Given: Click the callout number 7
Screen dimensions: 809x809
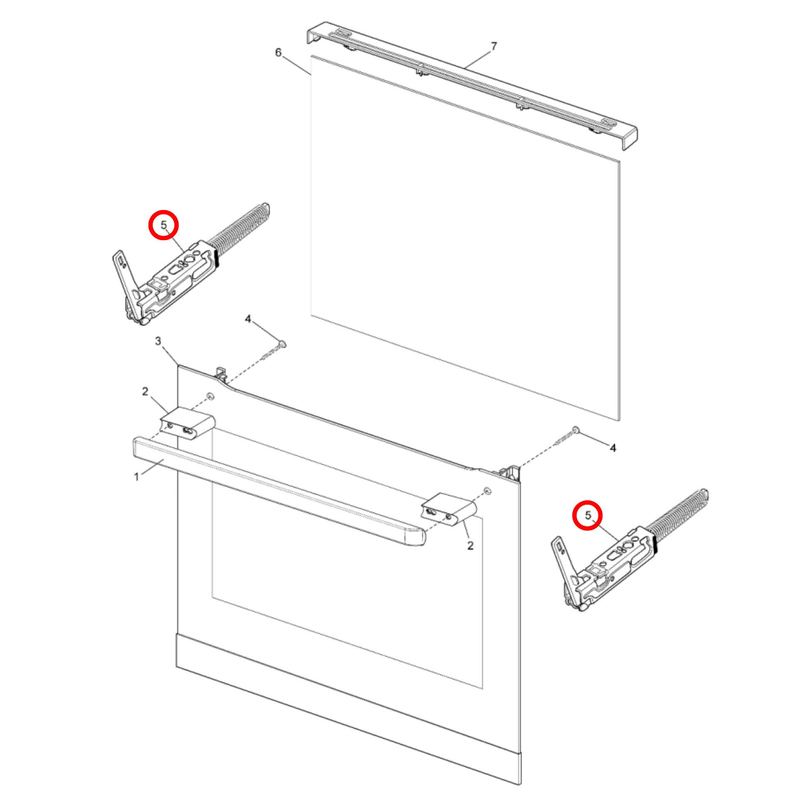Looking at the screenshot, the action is (x=494, y=46).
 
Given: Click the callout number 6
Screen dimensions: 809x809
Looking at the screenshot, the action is (x=279, y=52).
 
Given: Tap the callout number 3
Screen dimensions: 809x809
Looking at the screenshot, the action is (x=158, y=341).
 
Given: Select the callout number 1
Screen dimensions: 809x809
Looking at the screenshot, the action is (x=136, y=477).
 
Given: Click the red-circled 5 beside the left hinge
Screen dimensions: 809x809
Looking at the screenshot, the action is (x=164, y=225).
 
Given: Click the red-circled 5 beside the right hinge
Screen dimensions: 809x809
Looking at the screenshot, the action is (x=587, y=515).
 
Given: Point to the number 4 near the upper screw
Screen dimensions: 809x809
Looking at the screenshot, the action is (x=248, y=319).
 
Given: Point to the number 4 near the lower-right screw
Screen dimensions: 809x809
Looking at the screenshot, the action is (x=613, y=448).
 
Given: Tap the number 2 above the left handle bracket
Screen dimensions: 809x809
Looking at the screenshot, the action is (x=145, y=392).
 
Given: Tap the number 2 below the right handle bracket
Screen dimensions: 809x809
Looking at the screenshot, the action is (x=470, y=545).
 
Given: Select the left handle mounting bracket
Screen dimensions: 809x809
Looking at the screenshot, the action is (x=187, y=424).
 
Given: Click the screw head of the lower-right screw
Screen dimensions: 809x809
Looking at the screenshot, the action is (x=576, y=429).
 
